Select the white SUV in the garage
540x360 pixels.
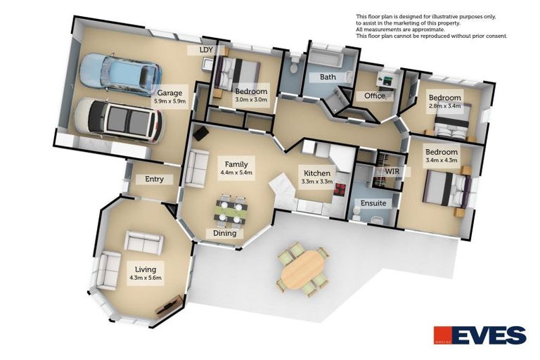point(117,118)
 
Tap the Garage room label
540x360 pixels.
point(169,92)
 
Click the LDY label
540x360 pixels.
point(206,51)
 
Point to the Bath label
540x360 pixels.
point(328,77)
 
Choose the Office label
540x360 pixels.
point(375,96)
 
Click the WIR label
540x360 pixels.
point(392,171)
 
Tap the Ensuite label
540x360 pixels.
point(373,203)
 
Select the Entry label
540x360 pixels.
point(155,179)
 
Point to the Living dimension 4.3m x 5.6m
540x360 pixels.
point(146,278)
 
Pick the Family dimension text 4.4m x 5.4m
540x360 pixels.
point(236,172)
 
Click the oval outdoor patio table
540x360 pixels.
point(302,268)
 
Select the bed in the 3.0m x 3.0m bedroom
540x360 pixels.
point(238,71)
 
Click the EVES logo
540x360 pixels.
point(480,335)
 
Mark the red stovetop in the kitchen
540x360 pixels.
point(339,190)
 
